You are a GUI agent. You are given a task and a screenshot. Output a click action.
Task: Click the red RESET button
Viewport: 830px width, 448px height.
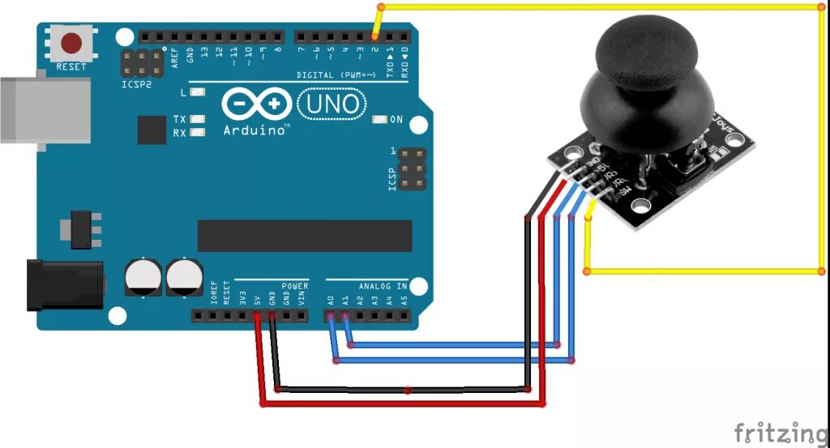point(74,43)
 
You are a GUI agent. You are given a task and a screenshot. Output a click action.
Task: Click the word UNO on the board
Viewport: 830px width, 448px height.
point(332,104)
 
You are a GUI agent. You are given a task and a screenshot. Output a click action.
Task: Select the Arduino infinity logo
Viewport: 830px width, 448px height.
point(256,105)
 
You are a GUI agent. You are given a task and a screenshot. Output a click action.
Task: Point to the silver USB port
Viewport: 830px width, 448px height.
point(45,109)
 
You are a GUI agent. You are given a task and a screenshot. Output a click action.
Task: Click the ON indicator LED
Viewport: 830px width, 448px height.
point(379,120)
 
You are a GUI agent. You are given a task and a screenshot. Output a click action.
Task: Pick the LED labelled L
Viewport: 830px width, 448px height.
point(197,93)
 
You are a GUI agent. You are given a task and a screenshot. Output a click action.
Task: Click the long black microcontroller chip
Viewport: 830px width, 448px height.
point(304,235)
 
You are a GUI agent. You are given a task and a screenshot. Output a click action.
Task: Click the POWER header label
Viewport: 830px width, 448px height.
point(295,286)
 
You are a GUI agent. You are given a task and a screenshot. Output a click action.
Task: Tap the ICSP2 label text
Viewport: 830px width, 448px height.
point(137,83)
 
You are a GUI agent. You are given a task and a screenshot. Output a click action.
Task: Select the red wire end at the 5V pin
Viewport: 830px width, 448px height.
point(257,316)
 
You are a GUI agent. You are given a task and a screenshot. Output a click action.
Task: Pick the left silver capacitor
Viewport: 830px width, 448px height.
point(142,276)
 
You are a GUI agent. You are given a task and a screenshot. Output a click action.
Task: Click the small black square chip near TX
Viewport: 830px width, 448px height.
point(152,130)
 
